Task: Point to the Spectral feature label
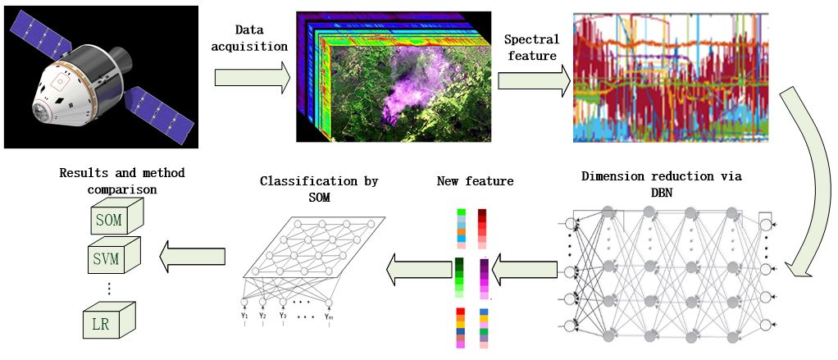[531, 48]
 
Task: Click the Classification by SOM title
[318, 188]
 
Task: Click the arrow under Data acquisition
[252, 77]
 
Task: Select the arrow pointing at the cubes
[192, 257]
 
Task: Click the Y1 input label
[244, 315]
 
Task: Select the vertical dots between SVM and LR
[109, 289]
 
